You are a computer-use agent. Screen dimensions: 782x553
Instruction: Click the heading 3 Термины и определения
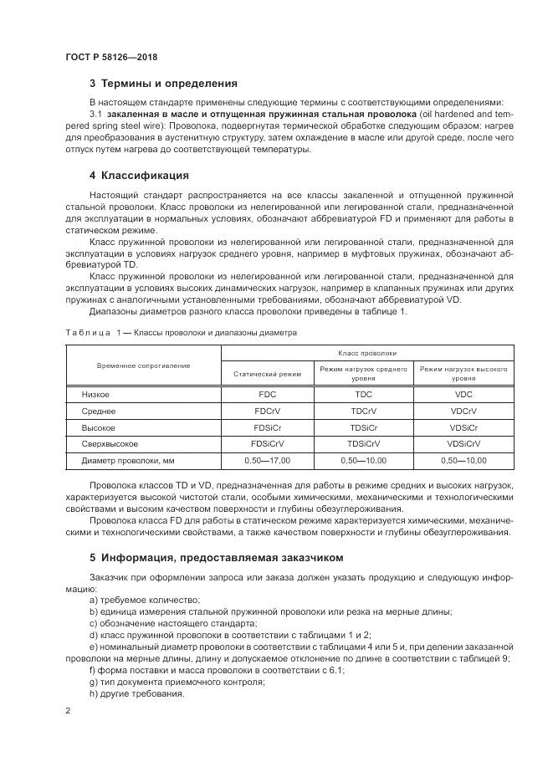(163, 84)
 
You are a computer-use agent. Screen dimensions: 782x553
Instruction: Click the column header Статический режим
(267, 374)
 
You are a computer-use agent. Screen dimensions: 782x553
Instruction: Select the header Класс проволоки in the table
(367, 354)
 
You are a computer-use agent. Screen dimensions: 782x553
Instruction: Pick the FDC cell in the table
(267, 394)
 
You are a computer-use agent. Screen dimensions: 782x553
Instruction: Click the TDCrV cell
(364, 411)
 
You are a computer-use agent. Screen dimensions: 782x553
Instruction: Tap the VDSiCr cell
(463, 427)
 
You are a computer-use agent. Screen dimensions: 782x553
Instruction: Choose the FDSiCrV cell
(267, 443)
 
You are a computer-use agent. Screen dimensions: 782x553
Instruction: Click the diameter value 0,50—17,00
(267, 461)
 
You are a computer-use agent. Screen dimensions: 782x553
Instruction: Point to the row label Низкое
(95, 394)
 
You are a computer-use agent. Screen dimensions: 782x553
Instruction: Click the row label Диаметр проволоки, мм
(127, 461)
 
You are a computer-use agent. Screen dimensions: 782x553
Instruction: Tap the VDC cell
(463, 394)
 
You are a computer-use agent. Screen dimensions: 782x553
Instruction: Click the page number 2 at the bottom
(69, 710)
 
